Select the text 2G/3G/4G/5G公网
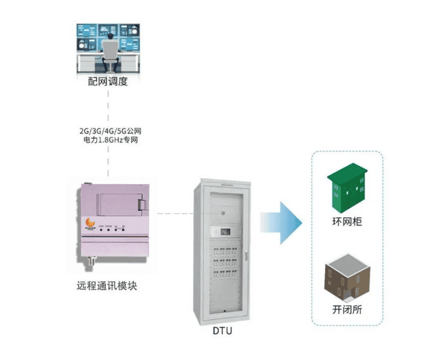110,130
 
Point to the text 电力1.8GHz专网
110,140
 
